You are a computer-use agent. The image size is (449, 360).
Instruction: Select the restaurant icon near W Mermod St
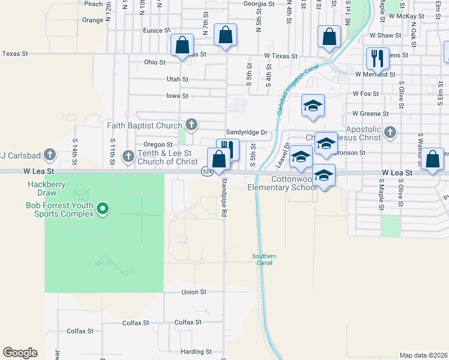[378, 58]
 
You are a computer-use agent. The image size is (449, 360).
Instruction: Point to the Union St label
[194, 292]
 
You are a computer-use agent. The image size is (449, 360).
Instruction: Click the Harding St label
[197, 352]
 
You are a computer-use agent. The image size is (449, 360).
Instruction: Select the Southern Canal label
[264, 259]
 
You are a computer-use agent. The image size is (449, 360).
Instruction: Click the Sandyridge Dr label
[246, 132]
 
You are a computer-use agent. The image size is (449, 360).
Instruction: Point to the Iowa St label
[177, 96]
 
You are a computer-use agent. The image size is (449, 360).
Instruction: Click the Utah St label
[177, 79]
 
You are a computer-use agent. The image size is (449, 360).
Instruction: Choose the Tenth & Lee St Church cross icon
[128, 157]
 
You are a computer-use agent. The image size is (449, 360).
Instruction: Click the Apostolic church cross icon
[390, 131]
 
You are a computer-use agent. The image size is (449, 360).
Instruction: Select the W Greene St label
[370, 113]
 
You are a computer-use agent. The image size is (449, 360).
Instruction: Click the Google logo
[20, 352]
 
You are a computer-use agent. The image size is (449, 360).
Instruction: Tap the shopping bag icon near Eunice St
[225, 35]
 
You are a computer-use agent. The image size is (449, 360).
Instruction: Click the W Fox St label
[366, 94]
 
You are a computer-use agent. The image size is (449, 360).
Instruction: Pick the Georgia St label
[259, 4]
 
